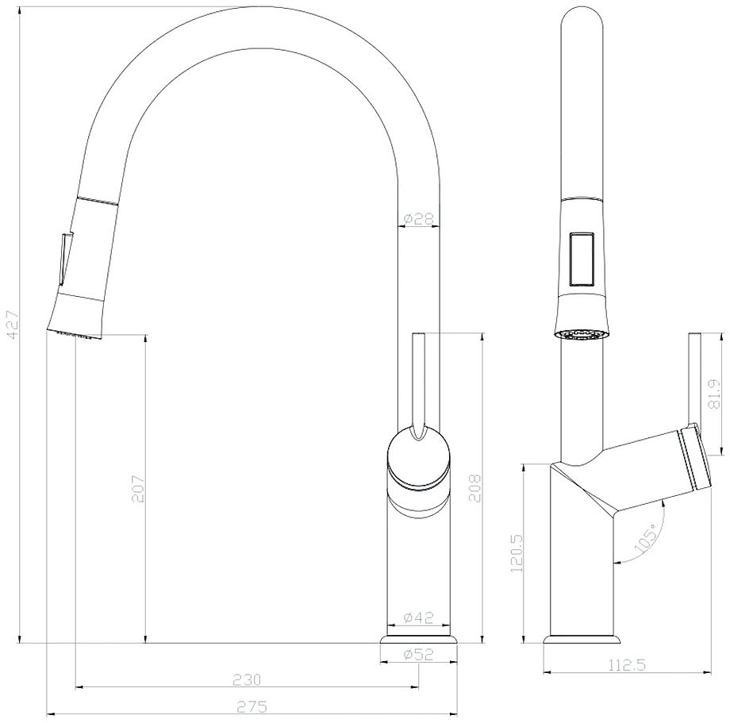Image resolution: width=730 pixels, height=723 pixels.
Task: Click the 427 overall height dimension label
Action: click(x=13, y=325)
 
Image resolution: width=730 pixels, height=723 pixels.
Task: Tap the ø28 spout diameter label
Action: click(x=418, y=218)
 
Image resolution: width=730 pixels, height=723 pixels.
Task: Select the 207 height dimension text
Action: click(x=138, y=488)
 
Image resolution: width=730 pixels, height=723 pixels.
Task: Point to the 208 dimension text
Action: click(x=474, y=488)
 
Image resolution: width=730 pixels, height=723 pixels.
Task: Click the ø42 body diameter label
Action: click(x=418, y=617)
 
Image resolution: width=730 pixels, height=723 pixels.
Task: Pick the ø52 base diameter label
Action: click(x=418, y=654)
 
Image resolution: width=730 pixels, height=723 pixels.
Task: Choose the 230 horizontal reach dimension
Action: click(x=247, y=679)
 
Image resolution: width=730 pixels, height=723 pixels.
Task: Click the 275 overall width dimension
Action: click(x=252, y=706)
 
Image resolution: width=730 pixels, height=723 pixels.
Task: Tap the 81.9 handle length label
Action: click(x=713, y=394)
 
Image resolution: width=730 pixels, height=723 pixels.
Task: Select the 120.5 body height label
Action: click(x=517, y=553)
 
